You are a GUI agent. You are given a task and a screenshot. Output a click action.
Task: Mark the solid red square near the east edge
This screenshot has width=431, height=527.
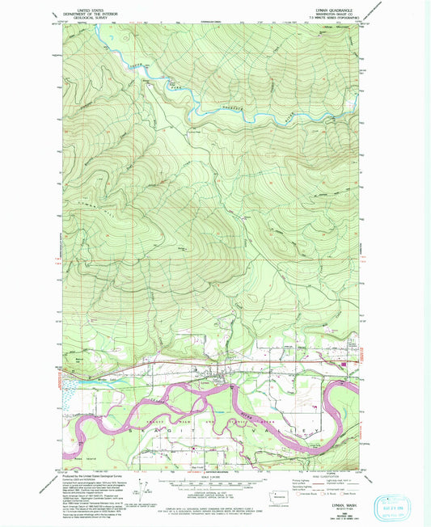(346, 365)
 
